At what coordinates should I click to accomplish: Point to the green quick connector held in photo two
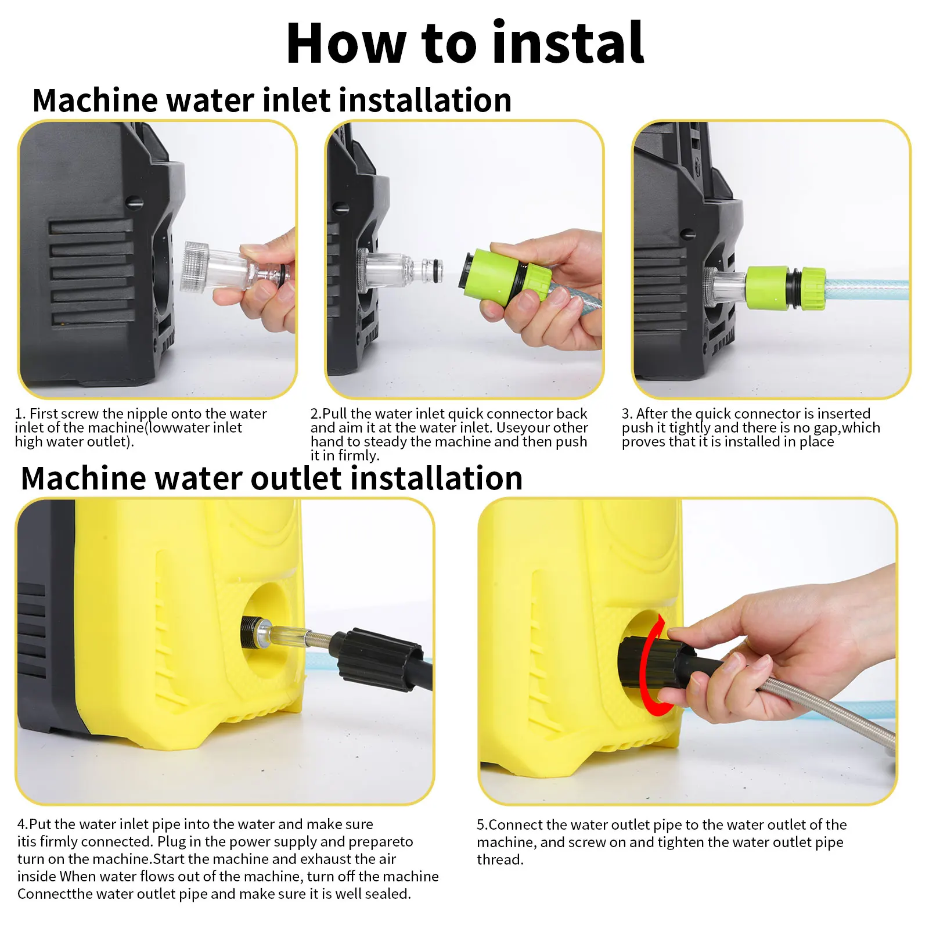506,276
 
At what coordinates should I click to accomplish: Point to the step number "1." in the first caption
20,414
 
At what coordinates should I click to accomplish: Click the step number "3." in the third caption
627,414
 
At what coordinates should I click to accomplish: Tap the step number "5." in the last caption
482,825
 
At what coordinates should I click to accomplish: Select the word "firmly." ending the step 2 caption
359,456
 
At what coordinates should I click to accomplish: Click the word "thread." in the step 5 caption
500,859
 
